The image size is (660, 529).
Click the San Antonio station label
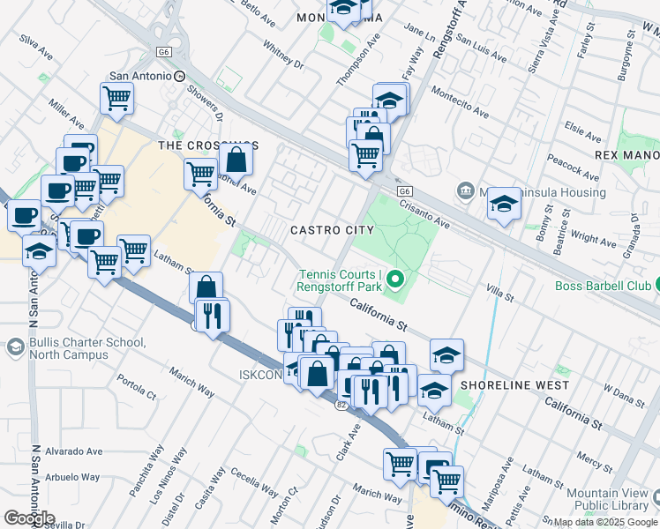point(138,77)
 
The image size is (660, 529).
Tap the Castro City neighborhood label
point(332,230)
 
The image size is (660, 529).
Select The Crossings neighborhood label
point(207,145)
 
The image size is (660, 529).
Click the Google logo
point(29,518)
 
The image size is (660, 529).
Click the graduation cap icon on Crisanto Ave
point(504,204)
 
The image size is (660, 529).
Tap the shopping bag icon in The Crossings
point(236,160)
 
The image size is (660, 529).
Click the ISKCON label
point(259,375)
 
